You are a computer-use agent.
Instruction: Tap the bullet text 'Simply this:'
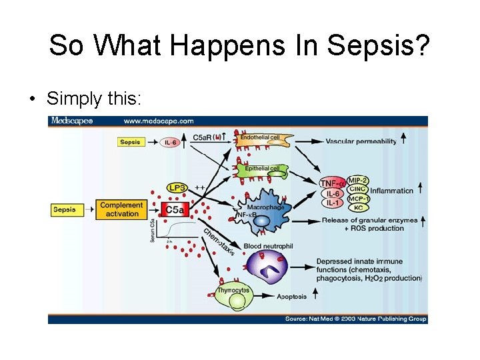[x=94, y=99]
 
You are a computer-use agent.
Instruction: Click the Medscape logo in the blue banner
[x=73, y=121]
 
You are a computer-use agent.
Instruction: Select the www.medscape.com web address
[x=159, y=121]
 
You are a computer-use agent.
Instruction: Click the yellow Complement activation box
[x=121, y=209]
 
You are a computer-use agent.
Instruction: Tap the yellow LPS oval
[x=177, y=188]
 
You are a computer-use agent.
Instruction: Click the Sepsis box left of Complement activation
[x=65, y=209]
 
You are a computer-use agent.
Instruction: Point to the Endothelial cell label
[x=259, y=137]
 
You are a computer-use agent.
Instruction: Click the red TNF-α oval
[x=333, y=183]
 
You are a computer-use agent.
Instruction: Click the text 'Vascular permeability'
[x=361, y=141]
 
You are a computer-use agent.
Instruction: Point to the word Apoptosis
[x=292, y=297]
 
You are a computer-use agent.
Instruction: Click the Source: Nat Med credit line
[x=355, y=319]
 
